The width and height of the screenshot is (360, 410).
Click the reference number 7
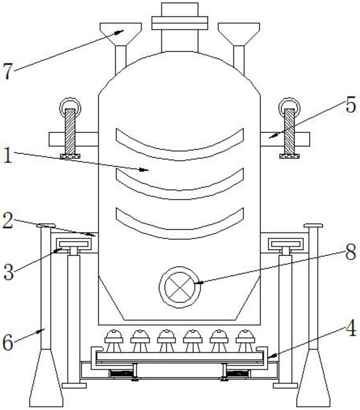(8, 72)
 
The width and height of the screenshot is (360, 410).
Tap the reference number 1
(7, 157)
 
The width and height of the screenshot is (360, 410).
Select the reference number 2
(7, 220)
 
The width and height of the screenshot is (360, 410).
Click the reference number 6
(8, 342)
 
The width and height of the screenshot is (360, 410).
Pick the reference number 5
(350, 106)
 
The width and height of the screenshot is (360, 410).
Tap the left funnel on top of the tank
(121, 33)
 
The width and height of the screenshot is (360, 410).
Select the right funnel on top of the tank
(239, 33)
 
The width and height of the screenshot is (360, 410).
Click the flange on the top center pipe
(180, 23)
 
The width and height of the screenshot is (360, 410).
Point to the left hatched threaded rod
(70, 131)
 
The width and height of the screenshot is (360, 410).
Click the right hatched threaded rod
(289, 131)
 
